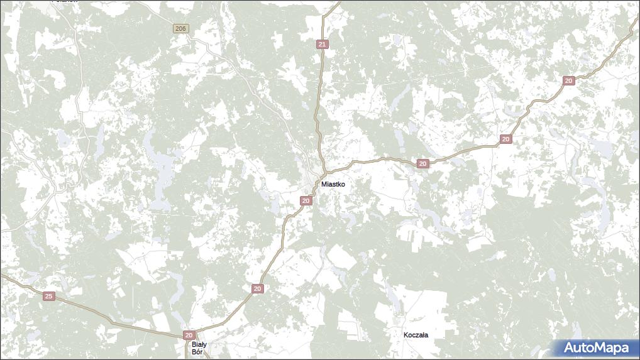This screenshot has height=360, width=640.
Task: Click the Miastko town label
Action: [333, 184]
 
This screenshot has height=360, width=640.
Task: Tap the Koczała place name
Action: [416, 335]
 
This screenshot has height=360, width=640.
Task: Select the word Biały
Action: [199, 344]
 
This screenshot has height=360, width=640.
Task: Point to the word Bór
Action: [197, 352]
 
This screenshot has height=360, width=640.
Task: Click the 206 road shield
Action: [180, 29]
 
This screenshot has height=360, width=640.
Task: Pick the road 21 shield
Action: [322, 44]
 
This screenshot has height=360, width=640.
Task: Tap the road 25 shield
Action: [49, 296]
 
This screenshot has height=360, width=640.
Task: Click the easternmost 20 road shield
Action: [568, 80]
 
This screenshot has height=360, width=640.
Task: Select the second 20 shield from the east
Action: [505, 139]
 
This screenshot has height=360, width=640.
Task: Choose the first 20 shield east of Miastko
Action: [422, 163]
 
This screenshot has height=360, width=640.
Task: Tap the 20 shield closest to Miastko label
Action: [306, 200]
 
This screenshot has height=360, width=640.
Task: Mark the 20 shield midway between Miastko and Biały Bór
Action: [257, 288]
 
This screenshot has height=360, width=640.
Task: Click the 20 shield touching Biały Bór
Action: [189, 335]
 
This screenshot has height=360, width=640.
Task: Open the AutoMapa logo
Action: [595, 347]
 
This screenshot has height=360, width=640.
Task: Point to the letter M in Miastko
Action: [324, 184]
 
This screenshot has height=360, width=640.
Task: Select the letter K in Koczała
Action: [406, 335]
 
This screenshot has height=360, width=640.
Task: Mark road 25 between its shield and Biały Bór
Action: [113, 321]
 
